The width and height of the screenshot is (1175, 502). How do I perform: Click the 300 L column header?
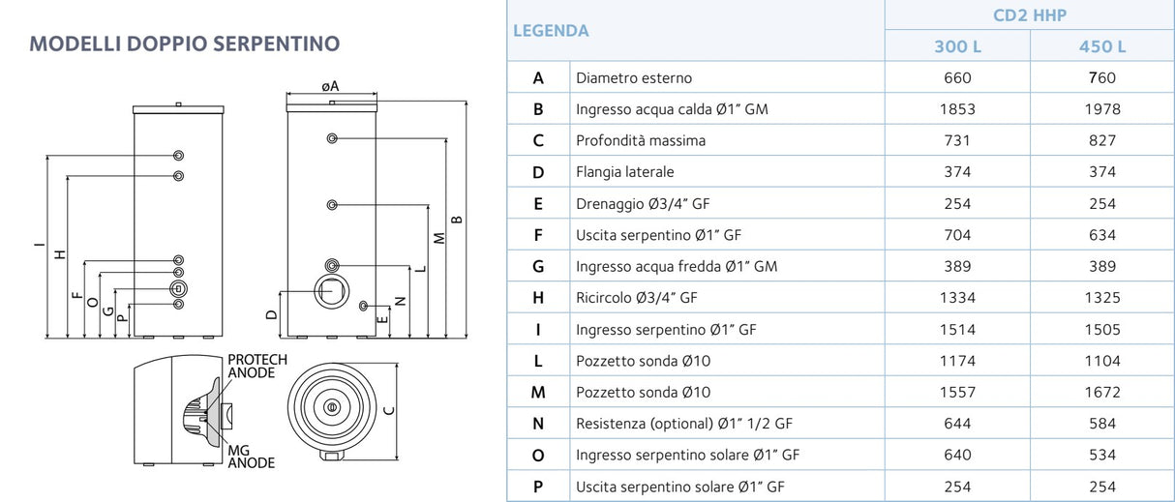pyautogui.click(x=957, y=46)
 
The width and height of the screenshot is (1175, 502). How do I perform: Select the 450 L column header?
pyautogui.click(x=1102, y=46)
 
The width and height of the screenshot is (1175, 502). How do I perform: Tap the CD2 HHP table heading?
pyautogui.click(x=1030, y=15)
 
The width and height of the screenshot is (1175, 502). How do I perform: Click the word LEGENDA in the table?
pyautogui.click(x=551, y=31)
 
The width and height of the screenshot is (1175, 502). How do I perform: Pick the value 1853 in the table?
pyautogui.click(x=957, y=109)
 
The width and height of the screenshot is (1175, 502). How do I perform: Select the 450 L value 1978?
pyautogui.click(x=1102, y=109)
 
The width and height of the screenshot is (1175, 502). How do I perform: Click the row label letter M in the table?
pyautogui.click(x=538, y=392)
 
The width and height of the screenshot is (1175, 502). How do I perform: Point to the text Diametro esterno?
pyautogui.click(x=634, y=78)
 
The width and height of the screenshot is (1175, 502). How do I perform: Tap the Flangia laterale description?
pyautogui.click(x=624, y=172)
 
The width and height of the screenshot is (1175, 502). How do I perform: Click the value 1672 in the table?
pyautogui.click(x=1102, y=392)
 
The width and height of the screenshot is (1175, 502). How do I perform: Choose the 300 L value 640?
pyautogui.click(x=957, y=455)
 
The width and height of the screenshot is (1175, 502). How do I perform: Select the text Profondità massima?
pyautogui.click(x=641, y=140)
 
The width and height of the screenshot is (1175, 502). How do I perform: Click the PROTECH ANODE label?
pyautogui.click(x=257, y=366)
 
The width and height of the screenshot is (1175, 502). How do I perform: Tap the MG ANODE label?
pyautogui.click(x=252, y=457)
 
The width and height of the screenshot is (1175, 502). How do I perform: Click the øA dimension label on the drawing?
pyautogui.click(x=330, y=86)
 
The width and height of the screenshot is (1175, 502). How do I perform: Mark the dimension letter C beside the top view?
pyautogui.click(x=389, y=410)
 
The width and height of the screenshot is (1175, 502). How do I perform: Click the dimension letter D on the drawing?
pyautogui.click(x=271, y=314)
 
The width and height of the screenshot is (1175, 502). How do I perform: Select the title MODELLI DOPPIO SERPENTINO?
pyautogui.click(x=185, y=44)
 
